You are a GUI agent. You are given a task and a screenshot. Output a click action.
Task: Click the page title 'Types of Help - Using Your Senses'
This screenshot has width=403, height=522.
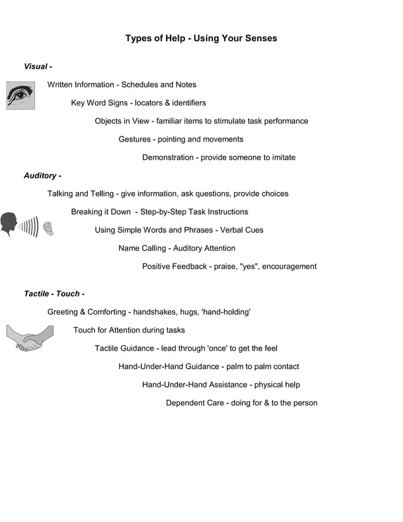pyautogui.click(x=201, y=39)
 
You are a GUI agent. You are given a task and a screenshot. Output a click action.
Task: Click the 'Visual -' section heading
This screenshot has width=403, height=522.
pyautogui.click(x=38, y=66)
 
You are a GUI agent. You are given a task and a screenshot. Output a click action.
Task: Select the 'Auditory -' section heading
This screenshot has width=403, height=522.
pyautogui.click(x=42, y=175)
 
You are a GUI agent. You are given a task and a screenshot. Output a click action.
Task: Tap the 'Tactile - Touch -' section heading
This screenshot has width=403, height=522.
pyautogui.click(x=54, y=294)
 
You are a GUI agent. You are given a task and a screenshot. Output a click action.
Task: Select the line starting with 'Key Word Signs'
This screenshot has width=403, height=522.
pyautogui.click(x=138, y=103)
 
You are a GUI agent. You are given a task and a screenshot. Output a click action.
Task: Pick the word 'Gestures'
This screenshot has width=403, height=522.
pyautogui.click(x=135, y=139)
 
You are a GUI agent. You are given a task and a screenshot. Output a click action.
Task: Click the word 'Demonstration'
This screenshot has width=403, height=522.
pyautogui.click(x=167, y=157)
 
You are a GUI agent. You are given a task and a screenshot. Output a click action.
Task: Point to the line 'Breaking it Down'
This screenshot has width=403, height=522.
pyautogui.click(x=159, y=212)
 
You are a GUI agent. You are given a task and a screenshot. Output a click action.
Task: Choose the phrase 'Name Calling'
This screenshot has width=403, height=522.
pyautogui.click(x=142, y=248)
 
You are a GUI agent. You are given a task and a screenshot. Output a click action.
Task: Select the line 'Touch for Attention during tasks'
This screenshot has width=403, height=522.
pyautogui.click(x=129, y=330)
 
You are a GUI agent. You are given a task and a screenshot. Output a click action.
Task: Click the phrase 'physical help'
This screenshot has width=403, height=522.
pyautogui.click(x=277, y=385)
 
